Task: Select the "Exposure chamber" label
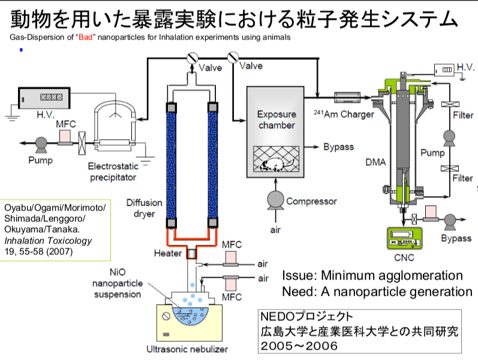(276, 120)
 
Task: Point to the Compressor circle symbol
(275, 200)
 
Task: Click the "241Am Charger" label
(344, 113)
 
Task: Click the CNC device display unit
(401, 239)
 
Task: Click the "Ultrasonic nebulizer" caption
(187, 349)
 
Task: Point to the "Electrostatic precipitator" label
(113, 172)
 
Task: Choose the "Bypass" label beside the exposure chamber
(339, 147)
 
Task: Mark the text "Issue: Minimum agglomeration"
(372, 276)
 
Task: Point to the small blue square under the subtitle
(21, 49)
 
